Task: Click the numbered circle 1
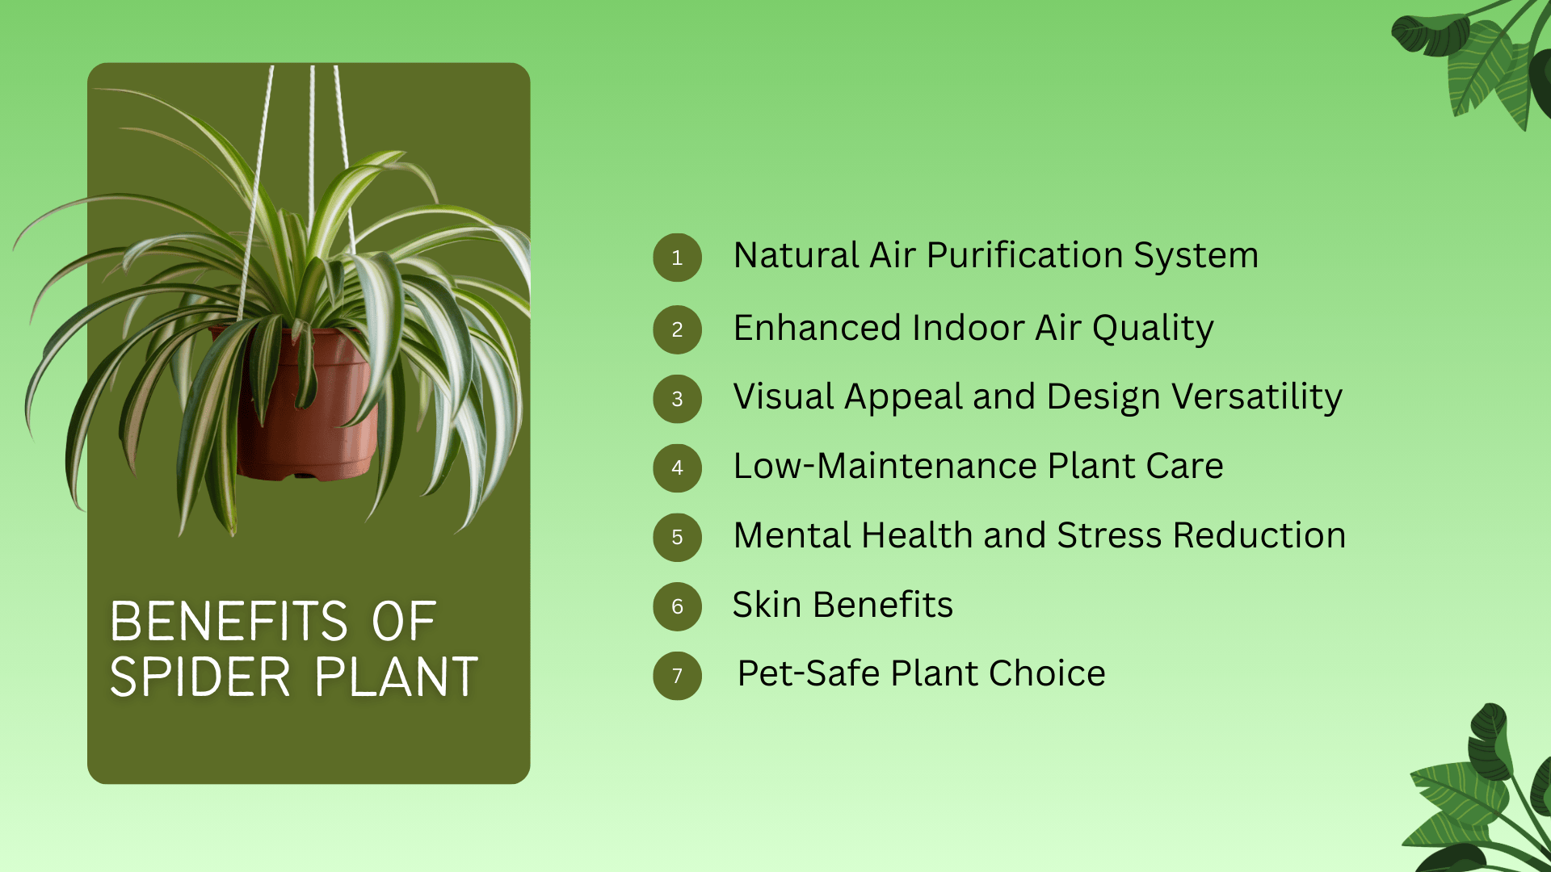[x=677, y=258]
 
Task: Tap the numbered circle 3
[x=677, y=399]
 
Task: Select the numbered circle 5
[x=677, y=537]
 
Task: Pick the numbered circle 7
[x=677, y=676]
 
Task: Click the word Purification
[x=1025, y=256]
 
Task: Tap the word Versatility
[x=1257, y=397]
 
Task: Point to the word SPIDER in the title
[x=200, y=677]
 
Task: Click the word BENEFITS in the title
[x=229, y=622]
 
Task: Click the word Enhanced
[x=817, y=329]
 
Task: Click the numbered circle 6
[x=677, y=606]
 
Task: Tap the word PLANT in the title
[x=397, y=677]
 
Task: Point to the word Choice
[x=1047, y=674]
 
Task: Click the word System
[x=1196, y=256]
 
